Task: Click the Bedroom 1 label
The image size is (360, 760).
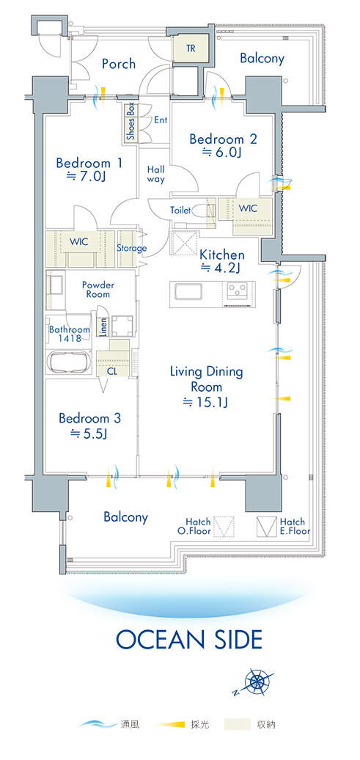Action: click(89, 162)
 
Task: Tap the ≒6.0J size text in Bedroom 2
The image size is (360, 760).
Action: click(222, 153)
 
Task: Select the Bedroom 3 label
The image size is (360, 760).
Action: click(89, 418)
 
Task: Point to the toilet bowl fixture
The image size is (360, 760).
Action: click(199, 211)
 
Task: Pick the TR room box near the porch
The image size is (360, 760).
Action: click(191, 49)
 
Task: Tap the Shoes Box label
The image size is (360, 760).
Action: click(131, 122)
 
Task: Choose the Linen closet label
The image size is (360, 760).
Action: click(103, 328)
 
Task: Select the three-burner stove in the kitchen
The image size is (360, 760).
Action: click(238, 291)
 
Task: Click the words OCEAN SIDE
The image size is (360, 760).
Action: click(189, 639)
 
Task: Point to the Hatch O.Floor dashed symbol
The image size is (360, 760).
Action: click(224, 527)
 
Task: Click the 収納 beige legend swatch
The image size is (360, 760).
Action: click(238, 725)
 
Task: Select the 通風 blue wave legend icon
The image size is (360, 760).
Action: click(97, 725)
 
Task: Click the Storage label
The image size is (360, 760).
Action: click(131, 248)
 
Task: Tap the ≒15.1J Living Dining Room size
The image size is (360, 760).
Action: click(205, 402)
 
